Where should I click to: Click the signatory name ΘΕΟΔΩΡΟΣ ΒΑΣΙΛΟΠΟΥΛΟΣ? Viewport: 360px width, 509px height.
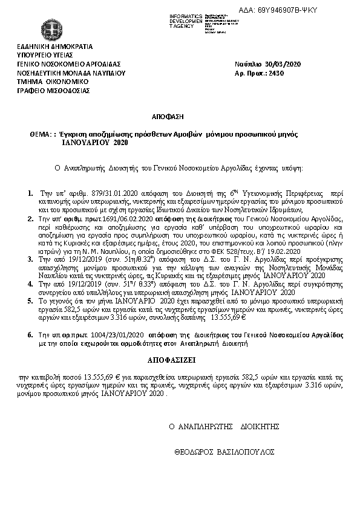click(x=224, y=452)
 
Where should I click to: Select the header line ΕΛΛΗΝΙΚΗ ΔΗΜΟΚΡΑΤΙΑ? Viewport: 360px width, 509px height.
click(x=55, y=45)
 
